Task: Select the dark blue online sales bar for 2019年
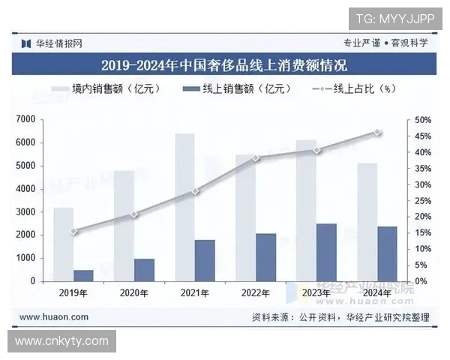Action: [83, 275]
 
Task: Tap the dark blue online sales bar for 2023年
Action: [326, 252]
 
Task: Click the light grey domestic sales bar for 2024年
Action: [367, 222]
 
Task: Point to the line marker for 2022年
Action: [256, 157]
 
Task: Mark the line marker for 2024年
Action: [377, 132]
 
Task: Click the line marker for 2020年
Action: [134, 214]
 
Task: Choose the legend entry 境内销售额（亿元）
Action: [99, 89]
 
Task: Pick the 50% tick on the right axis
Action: [422, 120]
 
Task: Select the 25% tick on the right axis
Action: [422, 200]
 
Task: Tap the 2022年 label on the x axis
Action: [256, 292]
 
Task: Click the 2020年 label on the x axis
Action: [134, 292]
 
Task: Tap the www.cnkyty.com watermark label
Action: [61, 341]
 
